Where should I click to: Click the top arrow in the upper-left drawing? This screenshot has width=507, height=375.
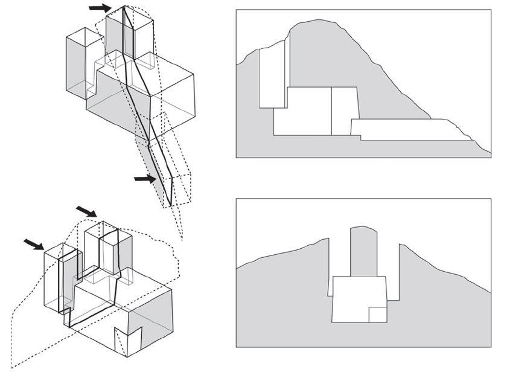[x=100, y=8]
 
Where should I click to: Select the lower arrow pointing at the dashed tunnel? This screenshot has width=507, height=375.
[x=145, y=179]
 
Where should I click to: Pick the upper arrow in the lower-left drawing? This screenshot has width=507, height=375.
[x=86, y=211]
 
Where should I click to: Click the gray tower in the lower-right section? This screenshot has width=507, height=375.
[x=363, y=251]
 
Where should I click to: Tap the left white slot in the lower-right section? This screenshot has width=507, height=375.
[x=330, y=266]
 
